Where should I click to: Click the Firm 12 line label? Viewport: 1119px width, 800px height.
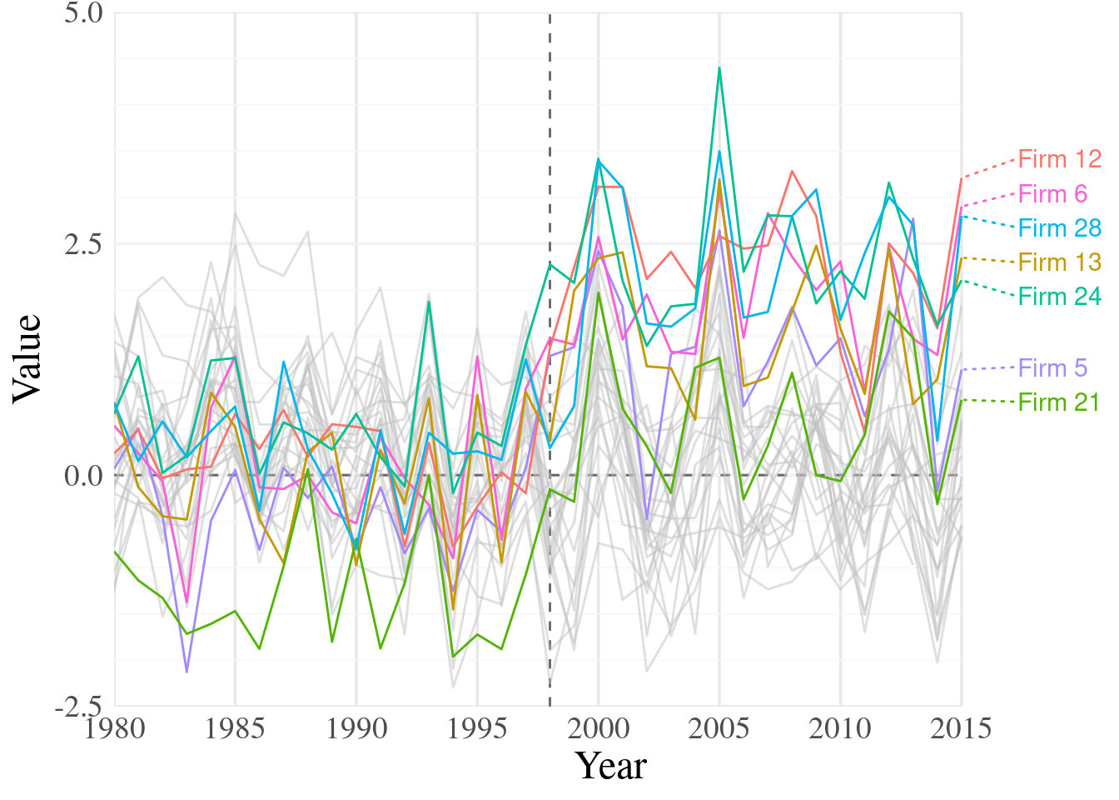[x=1059, y=159]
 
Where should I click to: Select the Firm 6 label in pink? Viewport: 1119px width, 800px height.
[x=1052, y=194]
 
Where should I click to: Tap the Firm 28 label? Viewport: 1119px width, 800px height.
[x=1059, y=228]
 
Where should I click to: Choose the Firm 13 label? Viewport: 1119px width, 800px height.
[x=1059, y=262]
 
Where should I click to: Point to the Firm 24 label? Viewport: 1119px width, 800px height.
[x=1059, y=297]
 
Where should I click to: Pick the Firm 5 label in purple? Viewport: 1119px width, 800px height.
[x=1052, y=368]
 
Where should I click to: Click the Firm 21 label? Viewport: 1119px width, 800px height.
[x=1059, y=402]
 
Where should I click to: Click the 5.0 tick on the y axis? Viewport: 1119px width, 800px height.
[x=83, y=13]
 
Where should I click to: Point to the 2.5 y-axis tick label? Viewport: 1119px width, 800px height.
[x=83, y=244]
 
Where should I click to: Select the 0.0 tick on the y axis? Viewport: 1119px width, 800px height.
[x=83, y=476]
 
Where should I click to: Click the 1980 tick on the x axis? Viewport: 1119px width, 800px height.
[x=115, y=729]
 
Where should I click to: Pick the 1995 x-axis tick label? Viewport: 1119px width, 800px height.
[x=477, y=729]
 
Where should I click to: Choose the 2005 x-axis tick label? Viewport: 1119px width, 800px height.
[x=719, y=729]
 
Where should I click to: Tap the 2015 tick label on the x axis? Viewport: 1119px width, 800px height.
[x=961, y=729]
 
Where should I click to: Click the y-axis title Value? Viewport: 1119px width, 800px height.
[x=27, y=359]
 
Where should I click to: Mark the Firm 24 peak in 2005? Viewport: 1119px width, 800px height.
[x=719, y=68]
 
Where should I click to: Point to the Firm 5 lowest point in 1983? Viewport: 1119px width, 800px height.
[x=186, y=672]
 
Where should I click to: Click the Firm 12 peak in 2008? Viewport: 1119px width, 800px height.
[x=792, y=171]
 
